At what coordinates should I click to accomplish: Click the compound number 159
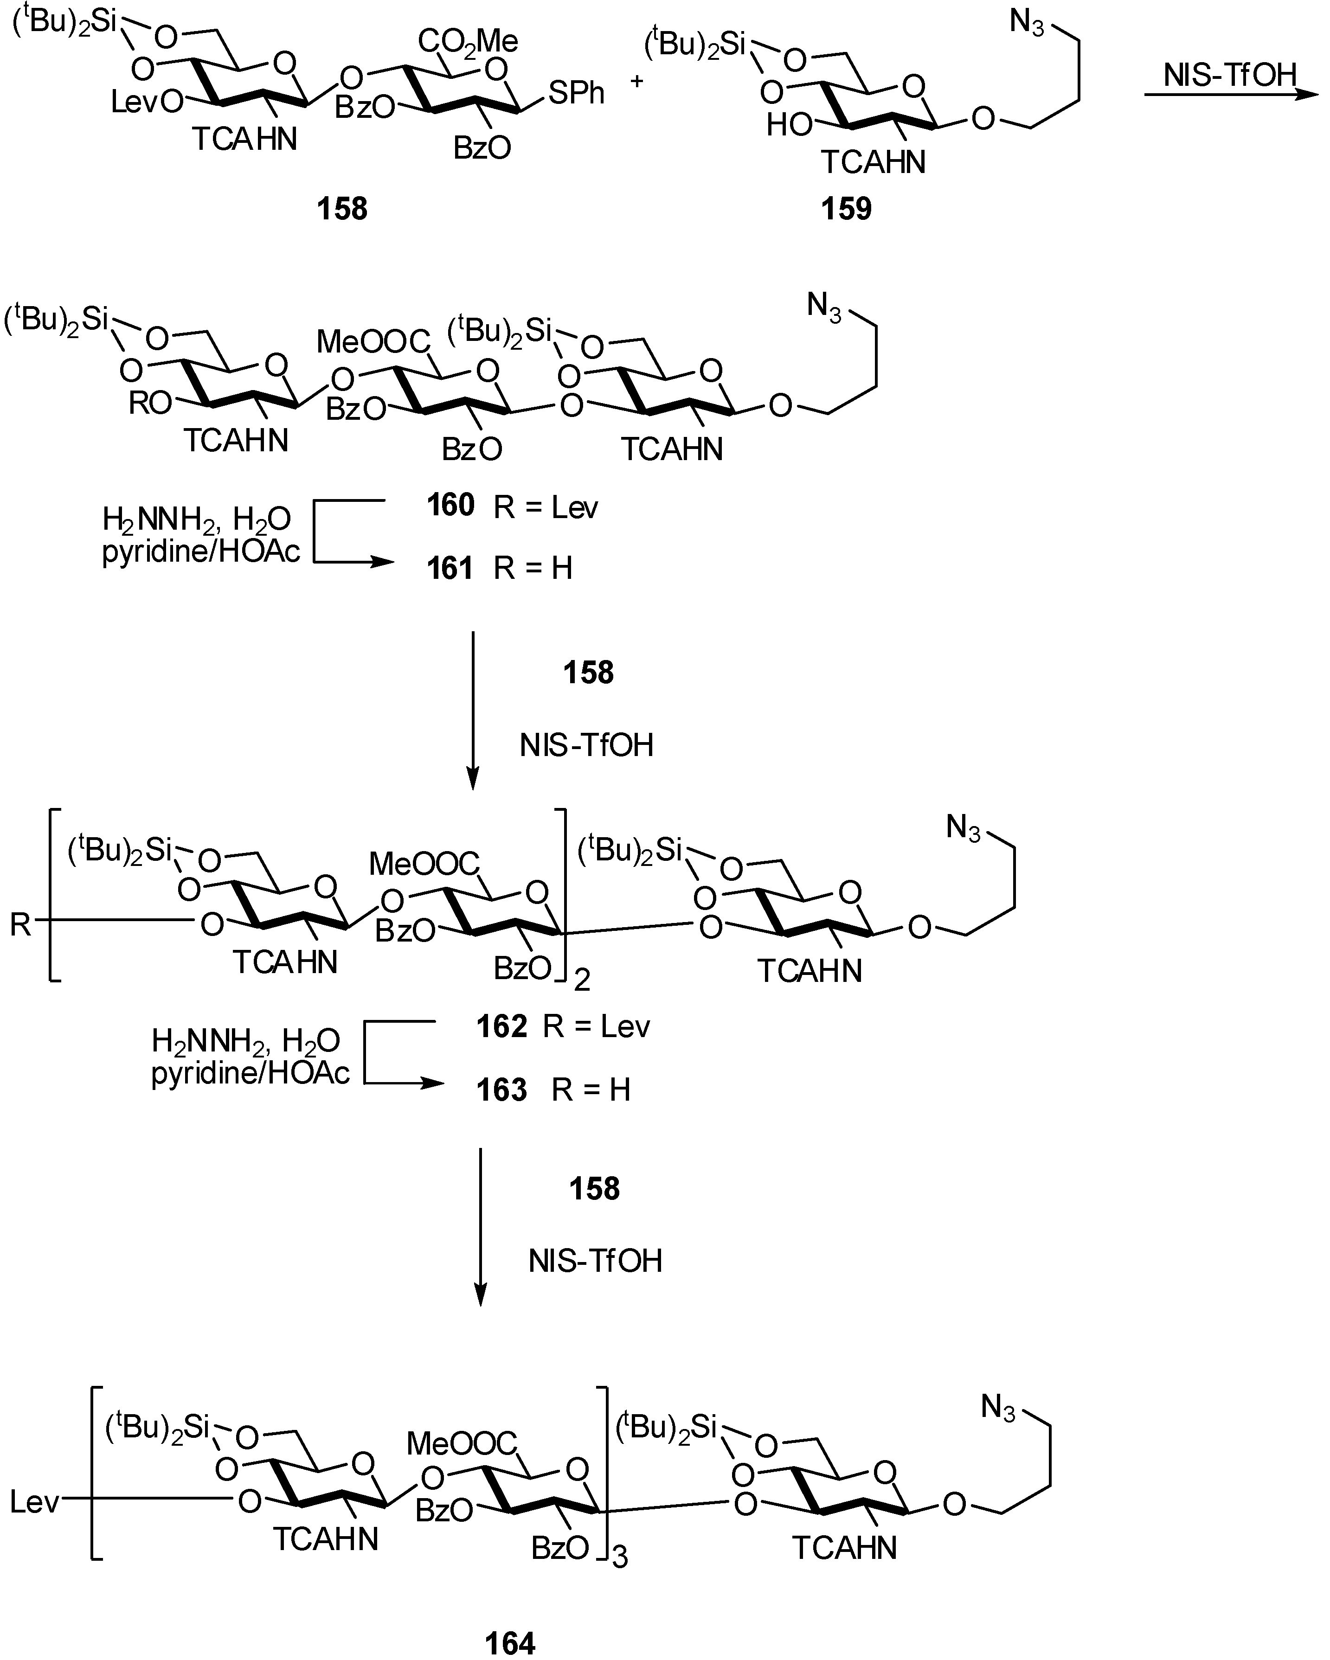click(x=846, y=209)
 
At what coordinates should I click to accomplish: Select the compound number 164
click(x=510, y=1642)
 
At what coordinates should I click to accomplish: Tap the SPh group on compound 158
click(x=576, y=93)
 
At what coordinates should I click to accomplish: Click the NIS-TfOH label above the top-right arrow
click(x=1230, y=76)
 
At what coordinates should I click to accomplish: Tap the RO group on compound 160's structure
click(x=149, y=402)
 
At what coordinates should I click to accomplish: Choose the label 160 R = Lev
click(x=512, y=506)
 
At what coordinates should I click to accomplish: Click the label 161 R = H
click(x=500, y=568)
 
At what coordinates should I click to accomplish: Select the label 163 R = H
click(x=553, y=1090)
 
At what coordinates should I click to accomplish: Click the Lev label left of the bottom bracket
click(x=35, y=1501)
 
